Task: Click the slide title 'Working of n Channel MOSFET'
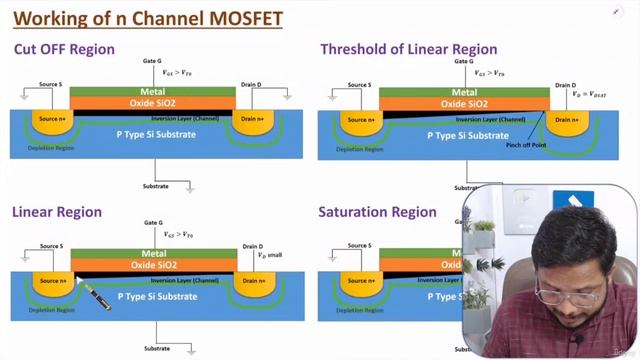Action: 142,17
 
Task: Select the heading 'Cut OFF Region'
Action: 64,49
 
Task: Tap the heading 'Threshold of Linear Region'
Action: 405,49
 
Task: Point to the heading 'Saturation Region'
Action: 377,212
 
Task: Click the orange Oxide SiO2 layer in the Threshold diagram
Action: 463,104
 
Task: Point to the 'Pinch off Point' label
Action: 525,145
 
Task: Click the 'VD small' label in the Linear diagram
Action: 270,256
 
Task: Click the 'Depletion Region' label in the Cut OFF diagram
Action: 50,147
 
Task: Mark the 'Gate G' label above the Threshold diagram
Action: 464,61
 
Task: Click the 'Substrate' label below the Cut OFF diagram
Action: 155,186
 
